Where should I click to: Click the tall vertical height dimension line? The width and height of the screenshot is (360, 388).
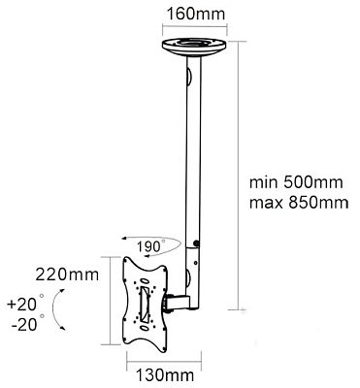pos(237,175)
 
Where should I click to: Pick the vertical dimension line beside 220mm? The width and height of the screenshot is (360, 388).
pos(108,301)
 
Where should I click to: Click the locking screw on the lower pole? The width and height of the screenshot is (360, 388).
pos(196,244)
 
